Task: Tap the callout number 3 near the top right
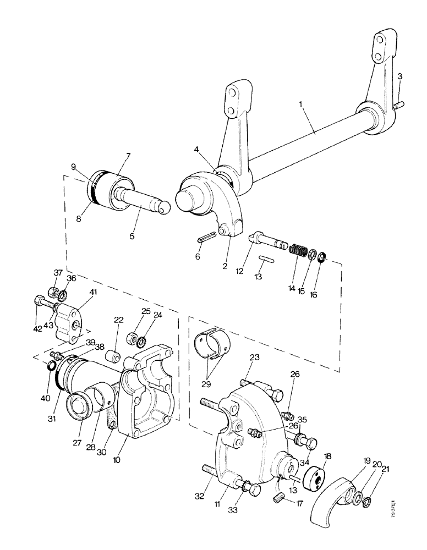[x=400, y=76]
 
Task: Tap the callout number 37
[x=58, y=273]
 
